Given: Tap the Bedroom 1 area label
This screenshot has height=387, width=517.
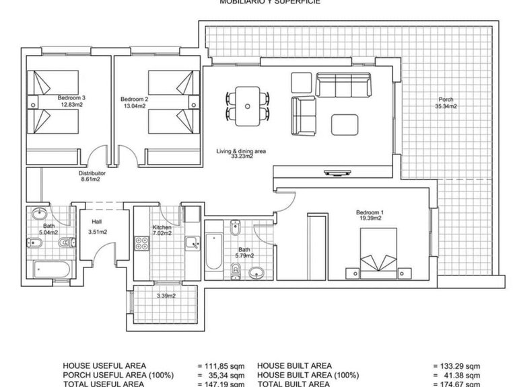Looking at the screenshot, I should click(x=371, y=216).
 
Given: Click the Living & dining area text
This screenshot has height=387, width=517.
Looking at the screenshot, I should click(x=241, y=154).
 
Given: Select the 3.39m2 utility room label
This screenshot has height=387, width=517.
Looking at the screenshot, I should click(x=166, y=296).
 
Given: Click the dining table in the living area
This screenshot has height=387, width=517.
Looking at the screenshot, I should click(x=248, y=106).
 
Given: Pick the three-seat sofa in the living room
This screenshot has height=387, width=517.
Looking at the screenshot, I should click(x=343, y=85).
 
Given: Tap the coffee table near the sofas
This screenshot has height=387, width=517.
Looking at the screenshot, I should click(x=346, y=122).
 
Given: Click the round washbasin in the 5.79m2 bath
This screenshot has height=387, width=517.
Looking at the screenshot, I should click(x=256, y=273).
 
